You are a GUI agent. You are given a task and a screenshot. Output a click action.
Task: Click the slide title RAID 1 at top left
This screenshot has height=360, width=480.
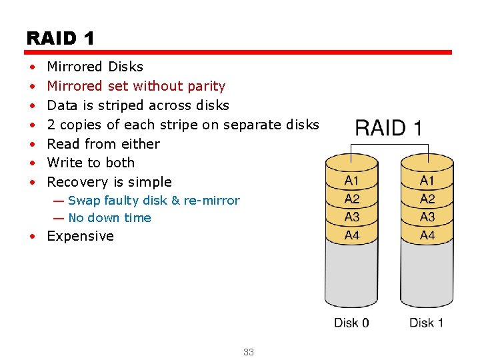[x=60, y=38]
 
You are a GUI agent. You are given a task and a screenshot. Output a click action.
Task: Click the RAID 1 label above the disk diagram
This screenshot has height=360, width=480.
[x=388, y=127]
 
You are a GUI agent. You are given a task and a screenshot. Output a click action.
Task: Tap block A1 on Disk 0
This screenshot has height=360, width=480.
[x=351, y=181]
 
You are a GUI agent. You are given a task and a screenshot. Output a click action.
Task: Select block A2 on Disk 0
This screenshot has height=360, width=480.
[x=351, y=199]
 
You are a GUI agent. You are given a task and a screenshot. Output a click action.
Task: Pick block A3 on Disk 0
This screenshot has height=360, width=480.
[x=351, y=217]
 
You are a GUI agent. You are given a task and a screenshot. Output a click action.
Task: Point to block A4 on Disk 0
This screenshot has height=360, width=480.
[x=351, y=235]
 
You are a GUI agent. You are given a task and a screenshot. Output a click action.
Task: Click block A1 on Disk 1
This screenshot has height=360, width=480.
[x=427, y=181]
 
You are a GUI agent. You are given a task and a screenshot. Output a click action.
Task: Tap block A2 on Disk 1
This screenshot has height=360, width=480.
[x=427, y=199]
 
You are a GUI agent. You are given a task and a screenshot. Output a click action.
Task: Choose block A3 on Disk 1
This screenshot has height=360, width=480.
[x=427, y=217]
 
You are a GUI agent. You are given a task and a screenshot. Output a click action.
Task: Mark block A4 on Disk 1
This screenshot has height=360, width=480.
[x=427, y=235]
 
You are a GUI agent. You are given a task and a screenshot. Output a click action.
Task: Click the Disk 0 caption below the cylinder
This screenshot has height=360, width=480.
[x=351, y=323]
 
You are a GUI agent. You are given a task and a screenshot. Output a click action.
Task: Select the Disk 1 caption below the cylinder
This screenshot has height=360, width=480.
[x=426, y=323]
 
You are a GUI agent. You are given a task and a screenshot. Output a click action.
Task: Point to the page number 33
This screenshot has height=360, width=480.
[x=249, y=352]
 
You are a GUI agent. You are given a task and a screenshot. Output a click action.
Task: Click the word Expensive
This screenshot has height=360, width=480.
[x=80, y=236]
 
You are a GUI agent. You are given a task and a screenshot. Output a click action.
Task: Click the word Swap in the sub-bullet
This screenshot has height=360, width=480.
[x=84, y=201]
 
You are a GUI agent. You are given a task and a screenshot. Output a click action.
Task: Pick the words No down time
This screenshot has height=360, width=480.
[x=109, y=218]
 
